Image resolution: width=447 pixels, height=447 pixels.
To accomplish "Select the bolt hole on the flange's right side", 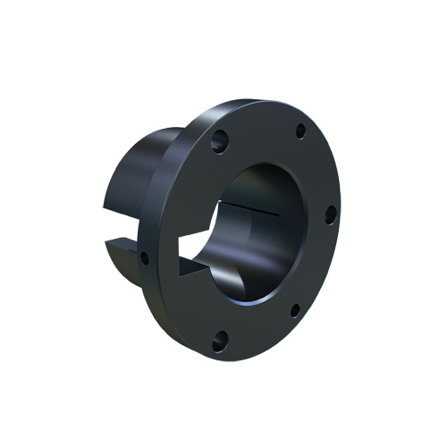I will pyautogui.click(x=329, y=213).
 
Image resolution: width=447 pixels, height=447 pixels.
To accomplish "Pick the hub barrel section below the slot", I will pyautogui.click(x=134, y=273).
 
